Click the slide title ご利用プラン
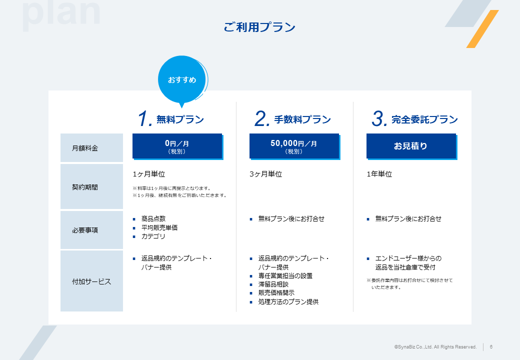tap(259, 27)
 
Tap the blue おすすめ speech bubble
tap(182, 80)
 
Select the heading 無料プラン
tap(180, 119)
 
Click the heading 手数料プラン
tap(302, 119)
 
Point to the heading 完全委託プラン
tap(424, 119)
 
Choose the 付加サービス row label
tap(91, 281)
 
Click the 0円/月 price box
tap(177, 146)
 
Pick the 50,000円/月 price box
tap(294, 146)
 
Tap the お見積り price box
tap(411, 146)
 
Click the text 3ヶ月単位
tap(265, 174)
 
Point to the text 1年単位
tap(379, 174)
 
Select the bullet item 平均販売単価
tap(159, 227)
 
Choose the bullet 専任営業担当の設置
tap(285, 275)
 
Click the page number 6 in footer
tap(491, 346)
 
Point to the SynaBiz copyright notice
tap(435, 346)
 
